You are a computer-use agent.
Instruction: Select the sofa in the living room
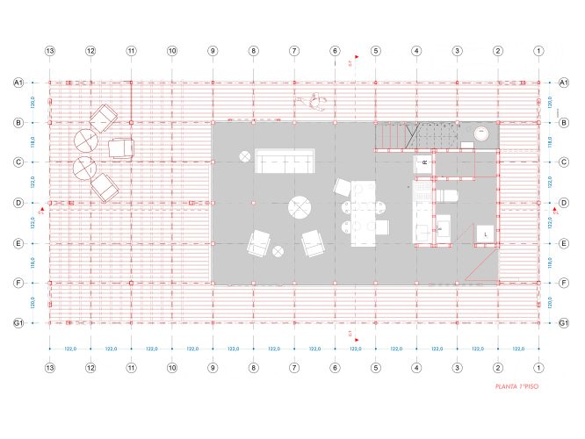tap(285, 161)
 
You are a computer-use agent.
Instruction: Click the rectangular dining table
tap(363, 213)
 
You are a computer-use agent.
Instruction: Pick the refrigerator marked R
tap(424, 163)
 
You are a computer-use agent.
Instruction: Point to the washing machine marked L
tap(485, 234)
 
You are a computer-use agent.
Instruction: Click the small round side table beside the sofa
tap(243, 156)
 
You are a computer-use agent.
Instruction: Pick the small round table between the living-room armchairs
tap(278, 252)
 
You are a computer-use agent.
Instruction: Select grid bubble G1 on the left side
tap(18, 323)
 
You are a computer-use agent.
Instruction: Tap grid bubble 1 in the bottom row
tap(538, 368)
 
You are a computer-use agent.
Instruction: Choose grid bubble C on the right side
tap(563, 162)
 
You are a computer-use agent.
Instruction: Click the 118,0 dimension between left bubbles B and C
tap(32, 141)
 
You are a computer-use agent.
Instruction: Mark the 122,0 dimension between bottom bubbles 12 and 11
tap(112, 349)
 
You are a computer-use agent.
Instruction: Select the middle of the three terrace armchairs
tap(121, 148)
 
